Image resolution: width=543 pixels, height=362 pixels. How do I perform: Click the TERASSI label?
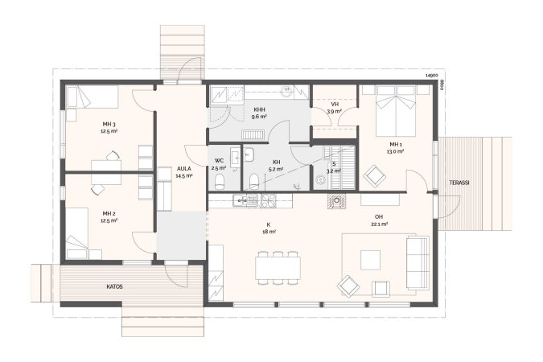459,183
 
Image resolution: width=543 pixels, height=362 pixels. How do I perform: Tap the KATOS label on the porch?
114,287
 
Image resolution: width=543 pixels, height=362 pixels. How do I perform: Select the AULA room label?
184,169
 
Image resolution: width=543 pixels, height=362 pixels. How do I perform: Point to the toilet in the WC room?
219,182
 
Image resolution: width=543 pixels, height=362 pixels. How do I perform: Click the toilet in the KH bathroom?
254,182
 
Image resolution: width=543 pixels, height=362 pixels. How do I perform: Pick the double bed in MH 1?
396,111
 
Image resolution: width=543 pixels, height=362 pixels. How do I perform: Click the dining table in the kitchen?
278,268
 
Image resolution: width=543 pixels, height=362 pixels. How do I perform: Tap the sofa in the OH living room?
418,262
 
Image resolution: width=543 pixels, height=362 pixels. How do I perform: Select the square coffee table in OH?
370,260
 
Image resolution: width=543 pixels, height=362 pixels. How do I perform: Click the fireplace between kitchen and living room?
336,201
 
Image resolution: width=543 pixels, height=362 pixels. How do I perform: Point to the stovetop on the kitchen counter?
269,200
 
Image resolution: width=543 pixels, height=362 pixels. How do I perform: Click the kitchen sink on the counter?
245,200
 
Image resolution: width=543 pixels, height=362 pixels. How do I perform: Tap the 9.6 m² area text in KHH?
259,117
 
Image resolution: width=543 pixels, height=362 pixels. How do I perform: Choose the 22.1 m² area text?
379,224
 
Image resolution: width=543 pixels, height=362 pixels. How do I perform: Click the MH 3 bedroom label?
109,125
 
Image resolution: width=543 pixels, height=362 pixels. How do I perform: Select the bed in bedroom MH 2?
77,233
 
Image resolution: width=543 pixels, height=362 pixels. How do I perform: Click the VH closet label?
335,105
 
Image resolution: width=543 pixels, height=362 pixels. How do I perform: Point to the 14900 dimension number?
431,75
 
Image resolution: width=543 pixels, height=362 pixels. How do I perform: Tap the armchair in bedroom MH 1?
374,176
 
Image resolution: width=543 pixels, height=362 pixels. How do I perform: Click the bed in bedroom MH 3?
93,97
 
